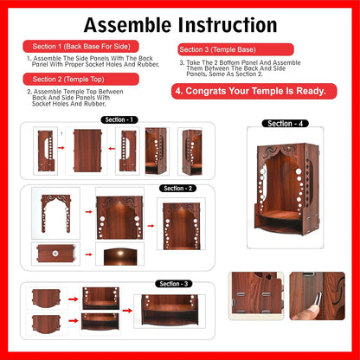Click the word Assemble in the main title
(x=125, y=24)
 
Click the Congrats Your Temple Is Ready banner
(x=250, y=90)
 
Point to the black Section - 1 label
(x=119, y=119)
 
